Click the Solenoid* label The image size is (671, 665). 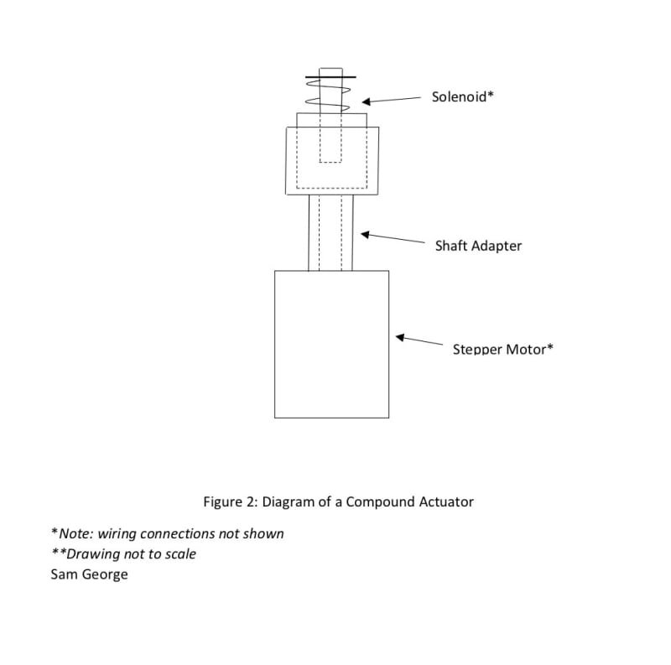pyautogui.click(x=462, y=96)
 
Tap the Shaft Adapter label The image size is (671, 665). pyautogui.click(x=478, y=246)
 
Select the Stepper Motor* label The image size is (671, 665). pyautogui.click(x=502, y=349)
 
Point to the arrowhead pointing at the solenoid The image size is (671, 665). pyautogui.click(x=367, y=102)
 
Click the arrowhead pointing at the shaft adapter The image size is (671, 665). pyautogui.click(x=364, y=234)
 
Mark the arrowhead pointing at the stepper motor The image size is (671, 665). pyautogui.click(x=400, y=338)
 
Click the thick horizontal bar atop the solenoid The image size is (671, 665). pyautogui.click(x=330, y=78)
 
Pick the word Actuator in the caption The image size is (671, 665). pyautogui.click(x=445, y=502)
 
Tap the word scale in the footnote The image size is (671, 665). pyautogui.click(x=179, y=554)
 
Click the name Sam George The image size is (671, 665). pyautogui.click(x=90, y=574)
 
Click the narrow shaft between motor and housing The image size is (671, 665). pyautogui.click(x=330, y=232)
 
